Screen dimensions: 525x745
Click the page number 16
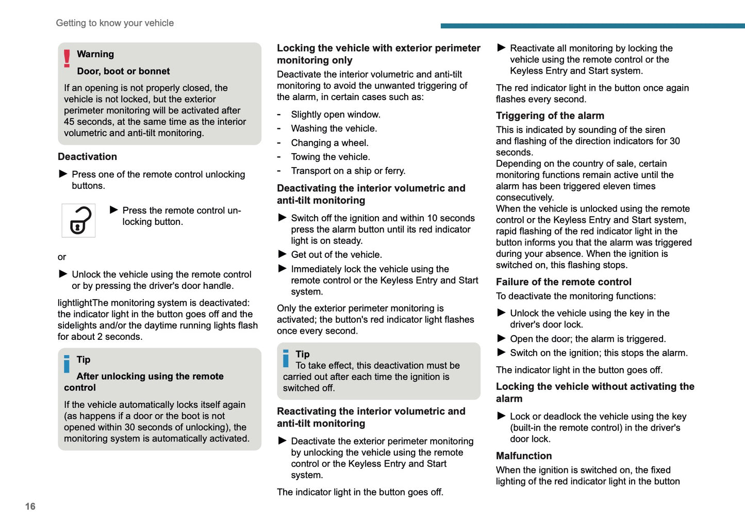tap(30, 506)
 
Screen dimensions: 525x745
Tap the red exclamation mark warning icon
tap(67, 58)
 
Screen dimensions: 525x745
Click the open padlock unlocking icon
tap(79, 221)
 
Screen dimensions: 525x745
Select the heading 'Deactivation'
tap(87, 157)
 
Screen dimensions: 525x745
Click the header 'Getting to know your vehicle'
tap(114, 23)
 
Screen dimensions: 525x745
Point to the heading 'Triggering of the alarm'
tap(550, 116)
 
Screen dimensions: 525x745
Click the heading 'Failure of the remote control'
tap(563, 282)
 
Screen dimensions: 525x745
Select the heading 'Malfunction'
tap(523, 456)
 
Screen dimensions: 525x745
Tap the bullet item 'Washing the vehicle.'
tap(334, 128)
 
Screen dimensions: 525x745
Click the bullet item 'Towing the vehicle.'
tap(330, 157)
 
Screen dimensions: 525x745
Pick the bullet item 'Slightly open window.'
tap(335, 114)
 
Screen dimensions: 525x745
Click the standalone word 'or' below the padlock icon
tap(62, 257)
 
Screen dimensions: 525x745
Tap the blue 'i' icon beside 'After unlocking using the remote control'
tap(67, 364)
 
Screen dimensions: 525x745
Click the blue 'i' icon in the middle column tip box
tap(286, 358)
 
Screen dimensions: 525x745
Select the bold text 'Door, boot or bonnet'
tap(123, 71)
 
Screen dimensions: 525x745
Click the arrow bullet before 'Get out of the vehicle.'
tap(282, 254)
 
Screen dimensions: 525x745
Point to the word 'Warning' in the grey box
tap(95, 54)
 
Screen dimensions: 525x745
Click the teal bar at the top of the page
tap(592, 26)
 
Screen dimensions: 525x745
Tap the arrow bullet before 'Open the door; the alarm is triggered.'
tap(501, 338)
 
